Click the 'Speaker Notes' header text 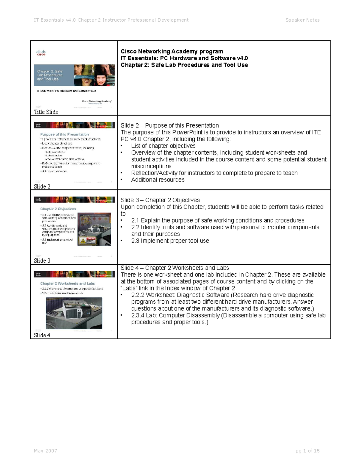302,20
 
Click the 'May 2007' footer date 45,451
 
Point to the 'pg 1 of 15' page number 307,451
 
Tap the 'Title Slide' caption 46,112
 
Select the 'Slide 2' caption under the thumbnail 42,186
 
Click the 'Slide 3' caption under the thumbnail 42,260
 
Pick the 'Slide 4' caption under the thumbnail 42,335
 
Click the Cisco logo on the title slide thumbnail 41,53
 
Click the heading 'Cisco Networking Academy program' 172,51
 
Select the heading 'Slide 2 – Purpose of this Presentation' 169,125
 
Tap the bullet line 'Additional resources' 157,180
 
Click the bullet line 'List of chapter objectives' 163,146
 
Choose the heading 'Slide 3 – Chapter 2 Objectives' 160,200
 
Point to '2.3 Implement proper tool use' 170,241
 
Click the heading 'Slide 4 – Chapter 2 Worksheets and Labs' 175,268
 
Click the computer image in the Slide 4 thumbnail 74,313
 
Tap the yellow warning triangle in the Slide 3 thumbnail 83,241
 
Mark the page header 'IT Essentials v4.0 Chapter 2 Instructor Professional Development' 111,20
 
